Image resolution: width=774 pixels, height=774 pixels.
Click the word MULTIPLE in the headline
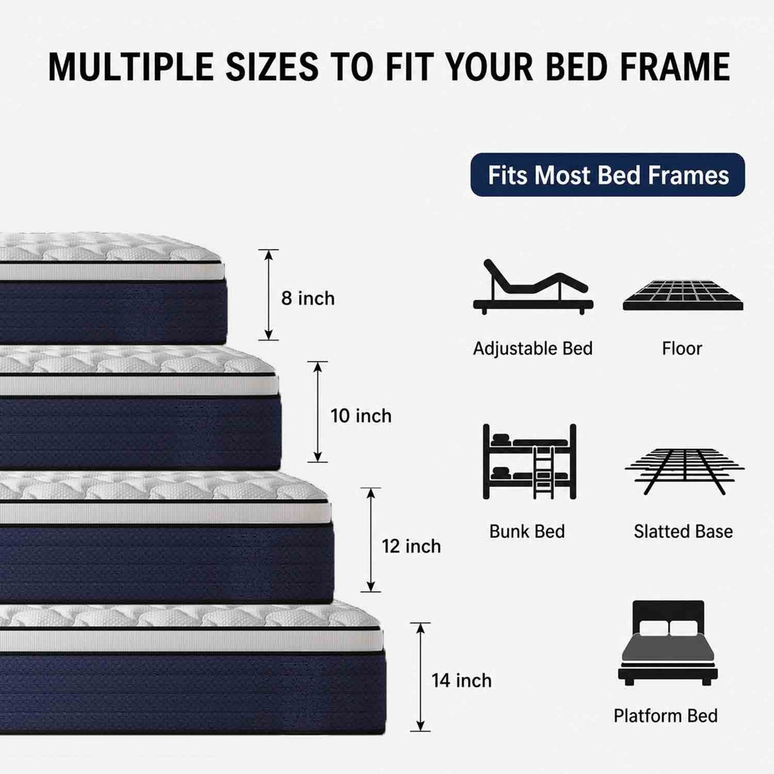point(131,67)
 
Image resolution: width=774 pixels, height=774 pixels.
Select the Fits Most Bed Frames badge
point(608,175)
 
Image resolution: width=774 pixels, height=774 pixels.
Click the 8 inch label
point(308,299)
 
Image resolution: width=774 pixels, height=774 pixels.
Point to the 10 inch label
point(361,416)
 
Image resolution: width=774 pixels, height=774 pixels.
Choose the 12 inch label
point(411,546)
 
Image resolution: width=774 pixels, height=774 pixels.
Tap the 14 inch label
point(462,681)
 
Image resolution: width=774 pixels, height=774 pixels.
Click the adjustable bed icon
point(533,287)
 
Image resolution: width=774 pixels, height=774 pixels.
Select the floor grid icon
point(683,296)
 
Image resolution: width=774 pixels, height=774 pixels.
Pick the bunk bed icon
point(530,462)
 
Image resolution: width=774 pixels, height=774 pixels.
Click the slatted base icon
point(685,471)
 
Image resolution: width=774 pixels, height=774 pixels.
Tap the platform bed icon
point(668,642)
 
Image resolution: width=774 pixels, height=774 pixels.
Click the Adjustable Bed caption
point(533,348)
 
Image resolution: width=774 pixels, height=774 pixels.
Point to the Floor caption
point(682,348)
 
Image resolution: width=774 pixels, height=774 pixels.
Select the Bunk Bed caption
point(527,531)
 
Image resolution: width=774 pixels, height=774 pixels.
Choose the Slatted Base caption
point(683,531)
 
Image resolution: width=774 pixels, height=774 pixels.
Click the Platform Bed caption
point(665,716)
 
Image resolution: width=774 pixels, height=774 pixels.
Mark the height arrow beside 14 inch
point(420,676)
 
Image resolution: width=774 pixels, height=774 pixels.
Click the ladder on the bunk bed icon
point(543,472)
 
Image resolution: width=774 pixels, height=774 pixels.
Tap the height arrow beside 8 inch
point(268,295)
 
